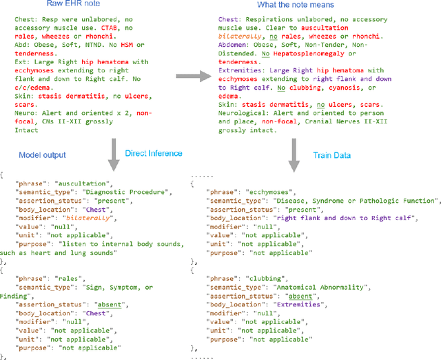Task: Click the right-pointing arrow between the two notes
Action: click(x=195, y=77)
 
